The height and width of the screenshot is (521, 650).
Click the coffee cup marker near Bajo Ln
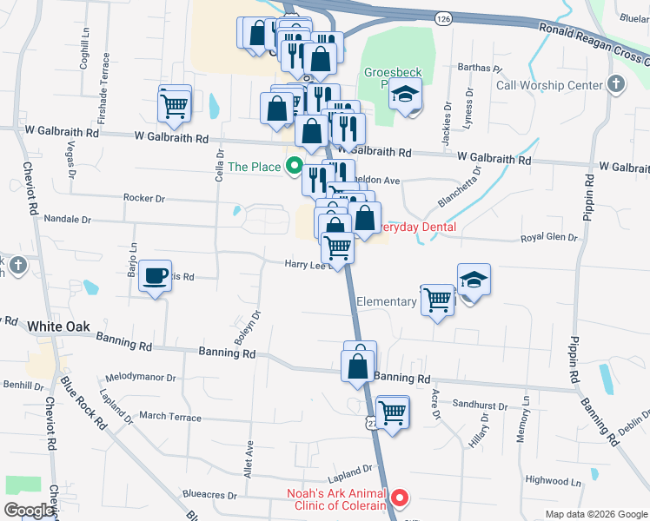coord(156,277)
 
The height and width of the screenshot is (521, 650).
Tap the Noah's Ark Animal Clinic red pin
coord(400,498)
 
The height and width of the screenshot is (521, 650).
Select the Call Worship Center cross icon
coord(616,84)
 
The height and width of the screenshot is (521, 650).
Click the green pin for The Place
coord(294,166)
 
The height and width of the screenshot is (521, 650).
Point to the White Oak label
coord(59,326)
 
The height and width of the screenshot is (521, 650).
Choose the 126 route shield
coord(443,18)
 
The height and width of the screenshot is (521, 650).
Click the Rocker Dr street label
coord(143,198)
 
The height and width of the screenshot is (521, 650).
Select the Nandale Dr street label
coord(68,218)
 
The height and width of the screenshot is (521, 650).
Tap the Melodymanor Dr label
coord(140,379)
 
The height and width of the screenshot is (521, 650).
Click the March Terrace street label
coord(169,416)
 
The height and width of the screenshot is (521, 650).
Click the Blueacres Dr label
coord(208,496)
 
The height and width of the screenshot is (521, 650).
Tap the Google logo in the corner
coord(29,510)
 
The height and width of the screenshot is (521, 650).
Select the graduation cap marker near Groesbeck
coord(404,96)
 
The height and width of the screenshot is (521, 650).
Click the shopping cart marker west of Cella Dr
coord(175,105)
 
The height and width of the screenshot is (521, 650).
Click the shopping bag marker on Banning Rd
coord(359,366)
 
